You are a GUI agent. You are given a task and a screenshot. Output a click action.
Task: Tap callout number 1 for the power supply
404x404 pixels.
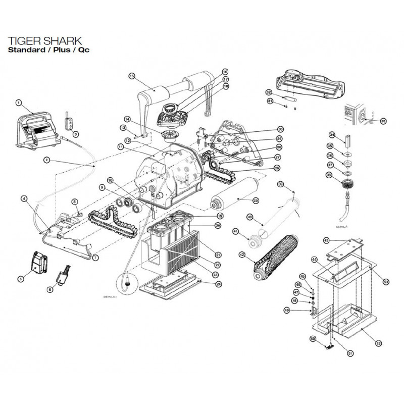(x=18, y=103)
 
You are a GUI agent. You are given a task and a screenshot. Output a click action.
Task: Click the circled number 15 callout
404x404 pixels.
(x=132, y=76)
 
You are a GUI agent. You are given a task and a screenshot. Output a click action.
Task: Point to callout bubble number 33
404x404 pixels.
(x=383, y=121)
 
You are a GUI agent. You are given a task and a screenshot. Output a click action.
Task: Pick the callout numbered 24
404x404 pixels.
(x=218, y=284)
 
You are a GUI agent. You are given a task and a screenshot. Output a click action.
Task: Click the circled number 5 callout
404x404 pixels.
(x=21, y=278)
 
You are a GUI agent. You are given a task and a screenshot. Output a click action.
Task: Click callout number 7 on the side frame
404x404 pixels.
(x=96, y=257)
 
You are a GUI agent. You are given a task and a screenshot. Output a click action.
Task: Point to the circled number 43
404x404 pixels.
(x=326, y=240)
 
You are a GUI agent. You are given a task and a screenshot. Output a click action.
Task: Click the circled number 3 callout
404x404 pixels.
(x=75, y=134)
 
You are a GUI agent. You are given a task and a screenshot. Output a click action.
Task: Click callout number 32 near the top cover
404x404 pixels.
(x=269, y=92)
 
